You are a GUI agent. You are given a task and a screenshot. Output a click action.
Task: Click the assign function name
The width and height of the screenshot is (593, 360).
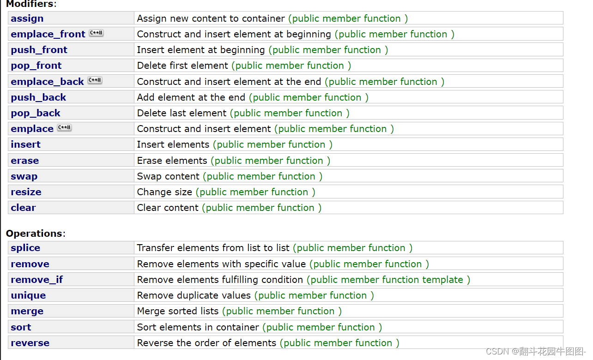[x=27, y=18]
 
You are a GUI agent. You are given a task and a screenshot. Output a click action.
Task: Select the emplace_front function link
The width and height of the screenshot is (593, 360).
[x=48, y=34]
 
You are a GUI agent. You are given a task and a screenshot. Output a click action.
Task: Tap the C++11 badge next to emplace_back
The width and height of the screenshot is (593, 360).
[x=95, y=81]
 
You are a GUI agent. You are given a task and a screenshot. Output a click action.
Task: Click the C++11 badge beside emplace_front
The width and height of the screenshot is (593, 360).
[x=96, y=33]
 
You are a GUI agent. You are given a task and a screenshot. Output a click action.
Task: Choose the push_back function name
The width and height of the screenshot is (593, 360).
[x=38, y=97]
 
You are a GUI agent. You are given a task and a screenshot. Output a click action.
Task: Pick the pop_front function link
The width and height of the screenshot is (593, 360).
[x=36, y=66]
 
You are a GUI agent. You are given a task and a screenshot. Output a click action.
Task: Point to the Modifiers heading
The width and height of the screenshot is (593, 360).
[x=29, y=4]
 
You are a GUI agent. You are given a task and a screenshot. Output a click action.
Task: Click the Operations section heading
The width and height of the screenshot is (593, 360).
[x=34, y=234]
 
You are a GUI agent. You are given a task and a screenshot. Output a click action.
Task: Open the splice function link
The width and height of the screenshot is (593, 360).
[x=25, y=248]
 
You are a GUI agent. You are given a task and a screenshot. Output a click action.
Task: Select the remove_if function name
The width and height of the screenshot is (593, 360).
[x=37, y=280]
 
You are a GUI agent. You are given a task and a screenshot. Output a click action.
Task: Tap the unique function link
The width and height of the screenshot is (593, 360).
[x=28, y=295]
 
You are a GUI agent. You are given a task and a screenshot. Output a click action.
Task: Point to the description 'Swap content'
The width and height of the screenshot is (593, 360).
[x=168, y=176]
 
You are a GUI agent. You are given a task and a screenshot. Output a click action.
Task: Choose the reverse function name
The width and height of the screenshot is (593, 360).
[x=30, y=343]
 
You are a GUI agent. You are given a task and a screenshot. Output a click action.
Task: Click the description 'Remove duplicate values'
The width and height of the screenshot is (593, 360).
[x=194, y=295]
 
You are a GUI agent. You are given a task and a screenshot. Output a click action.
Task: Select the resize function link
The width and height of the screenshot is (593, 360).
[x=26, y=192]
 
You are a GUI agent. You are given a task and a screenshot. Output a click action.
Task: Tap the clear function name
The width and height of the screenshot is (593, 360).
[x=23, y=208]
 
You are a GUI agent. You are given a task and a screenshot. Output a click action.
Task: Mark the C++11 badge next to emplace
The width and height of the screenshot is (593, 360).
[x=64, y=128]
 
